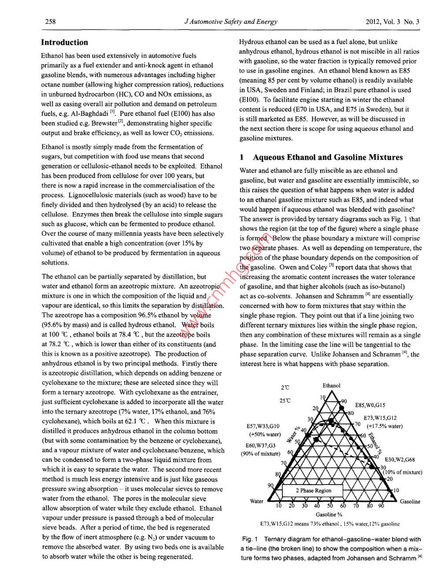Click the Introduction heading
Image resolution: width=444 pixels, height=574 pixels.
click(64, 42)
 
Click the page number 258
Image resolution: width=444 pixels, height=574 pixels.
click(50, 21)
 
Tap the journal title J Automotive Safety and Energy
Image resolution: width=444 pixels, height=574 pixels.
click(231, 21)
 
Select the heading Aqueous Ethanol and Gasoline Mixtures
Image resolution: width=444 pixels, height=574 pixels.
click(327, 157)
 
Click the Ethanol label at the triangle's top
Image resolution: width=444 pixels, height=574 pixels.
click(331, 385)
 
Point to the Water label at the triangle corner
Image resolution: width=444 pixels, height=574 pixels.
click(256, 501)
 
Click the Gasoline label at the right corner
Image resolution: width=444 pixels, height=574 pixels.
click(410, 501)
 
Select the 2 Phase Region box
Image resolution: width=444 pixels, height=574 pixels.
click(313, 490)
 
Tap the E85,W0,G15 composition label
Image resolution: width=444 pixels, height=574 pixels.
click(370, 405)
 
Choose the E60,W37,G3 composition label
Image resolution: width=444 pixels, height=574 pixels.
click(261, 445)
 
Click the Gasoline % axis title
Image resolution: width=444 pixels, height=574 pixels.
click(329, 514)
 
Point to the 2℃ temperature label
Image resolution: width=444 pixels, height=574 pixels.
click(285, 388)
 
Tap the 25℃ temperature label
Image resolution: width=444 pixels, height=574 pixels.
click(285, 400)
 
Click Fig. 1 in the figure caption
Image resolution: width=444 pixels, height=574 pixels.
click(250, 539)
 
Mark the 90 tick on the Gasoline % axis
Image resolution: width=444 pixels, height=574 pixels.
click(381, 506)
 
